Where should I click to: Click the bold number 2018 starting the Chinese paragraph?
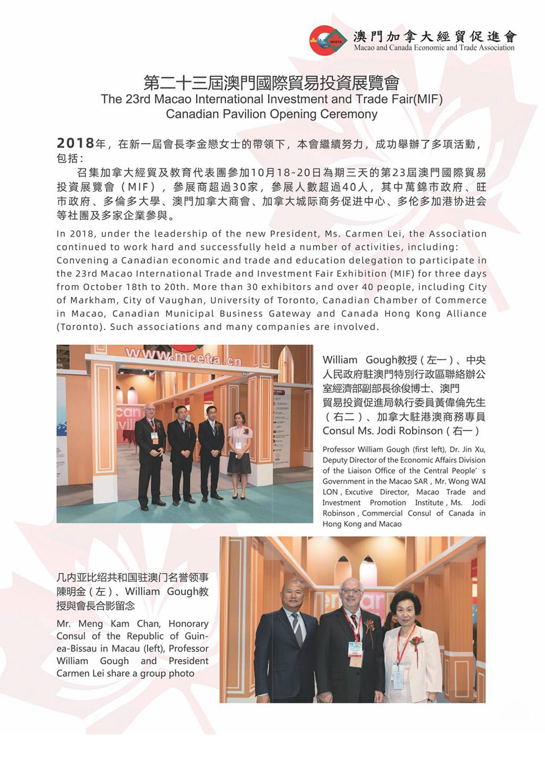point(75,144)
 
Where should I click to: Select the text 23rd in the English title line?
point(137,99)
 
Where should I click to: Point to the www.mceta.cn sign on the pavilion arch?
point(183,355)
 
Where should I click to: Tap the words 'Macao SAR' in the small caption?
point(409,481)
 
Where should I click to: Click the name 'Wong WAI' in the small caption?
point(468,481)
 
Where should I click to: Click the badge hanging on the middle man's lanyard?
point(355,651)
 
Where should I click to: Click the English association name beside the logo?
point(434,47)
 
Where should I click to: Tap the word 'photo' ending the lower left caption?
point(181,673)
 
